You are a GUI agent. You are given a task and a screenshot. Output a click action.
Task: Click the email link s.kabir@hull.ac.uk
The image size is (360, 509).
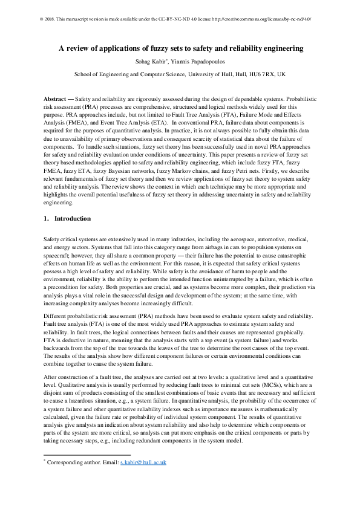143,462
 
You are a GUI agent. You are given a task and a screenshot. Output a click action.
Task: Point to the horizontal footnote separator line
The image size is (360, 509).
88,454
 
